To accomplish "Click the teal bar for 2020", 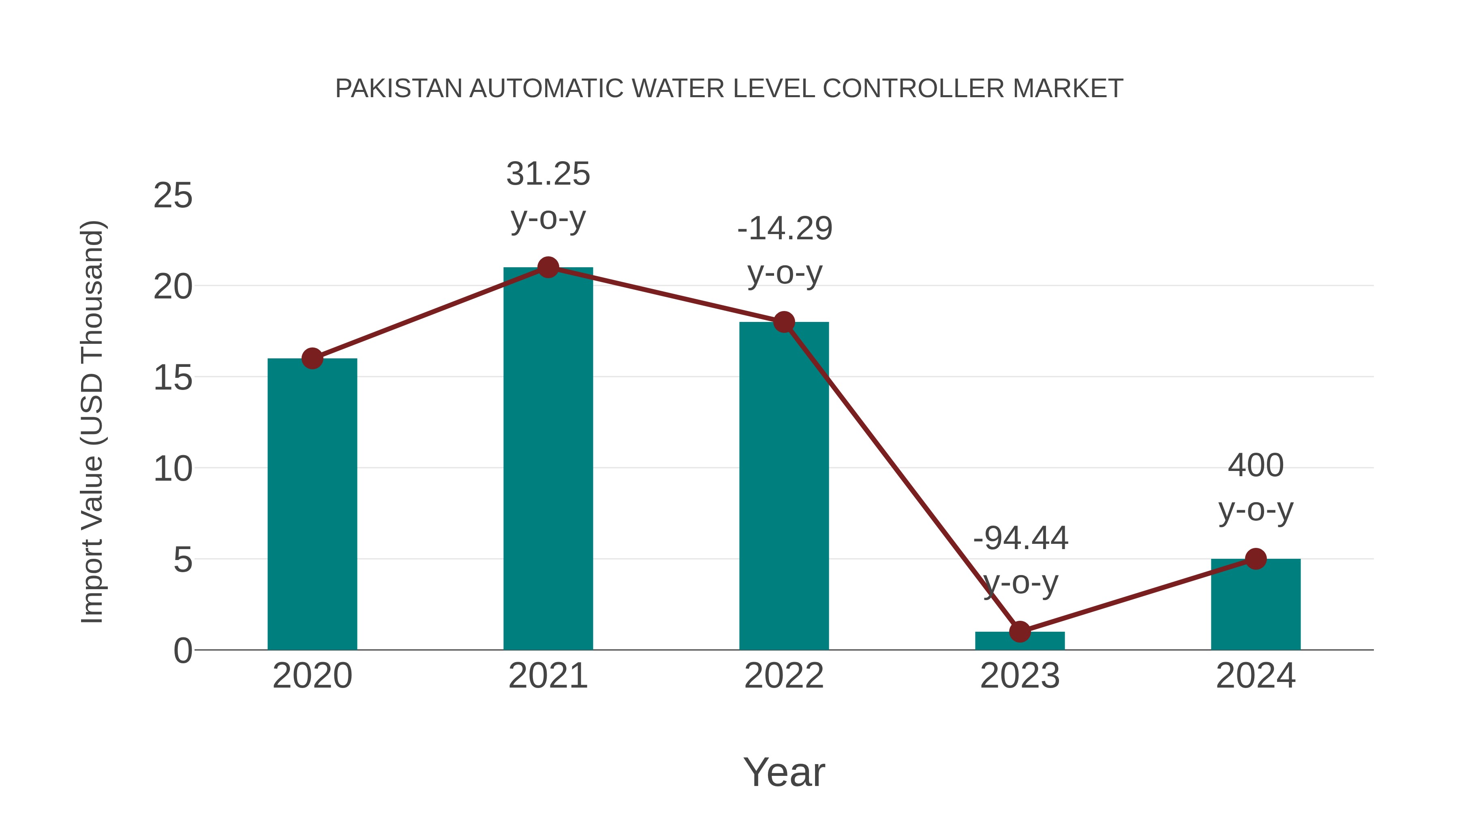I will coord(312,504).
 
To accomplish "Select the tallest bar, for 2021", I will coord(548,458).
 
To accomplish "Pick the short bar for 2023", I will coord(1020,641).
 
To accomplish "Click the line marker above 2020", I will coord(312,358).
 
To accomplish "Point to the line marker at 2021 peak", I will coord(548,267).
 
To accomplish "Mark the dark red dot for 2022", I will coord(784,322).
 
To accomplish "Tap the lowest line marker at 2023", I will coord(1020,632).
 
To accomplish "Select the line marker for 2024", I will coord(1256,558).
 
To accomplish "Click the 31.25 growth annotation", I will coord(548,174).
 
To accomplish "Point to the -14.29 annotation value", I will coord(785,229).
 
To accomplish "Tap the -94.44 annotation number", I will coord(1020,538).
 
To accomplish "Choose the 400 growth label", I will coord(1256,466).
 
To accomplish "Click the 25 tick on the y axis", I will coord(173,196).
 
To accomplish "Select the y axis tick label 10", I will coord(173,469).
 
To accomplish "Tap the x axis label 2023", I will coord(1020,676).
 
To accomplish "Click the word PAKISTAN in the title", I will coord(399,89).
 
